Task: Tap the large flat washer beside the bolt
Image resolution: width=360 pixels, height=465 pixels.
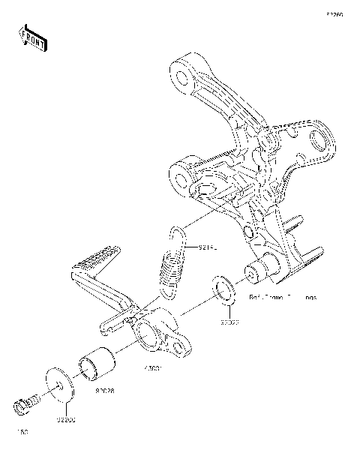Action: (x=58, y=383)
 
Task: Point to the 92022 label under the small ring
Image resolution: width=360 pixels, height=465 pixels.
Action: (x=229, y=322)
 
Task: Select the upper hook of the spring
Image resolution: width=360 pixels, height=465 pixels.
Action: (x=177, y=235)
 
